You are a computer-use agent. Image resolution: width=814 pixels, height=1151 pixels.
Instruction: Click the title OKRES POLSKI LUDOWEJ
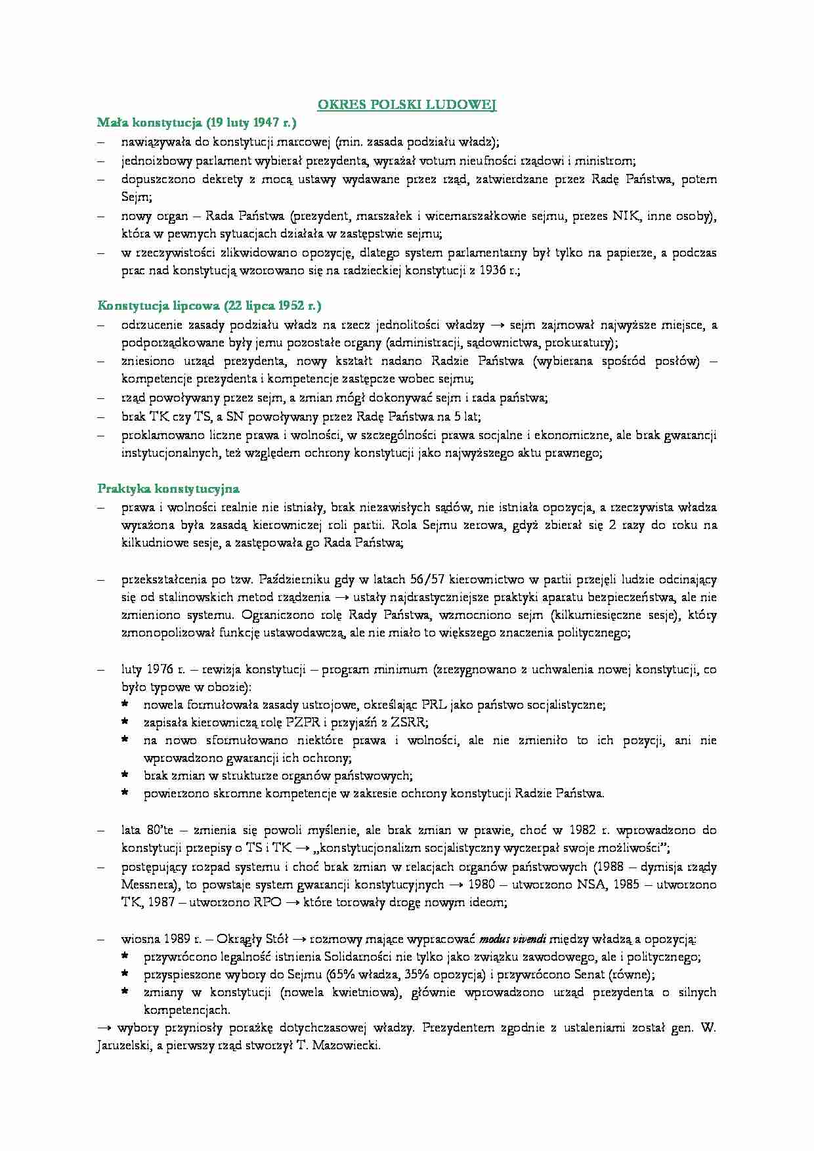407,105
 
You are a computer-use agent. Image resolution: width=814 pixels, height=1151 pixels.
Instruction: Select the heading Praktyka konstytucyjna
168,488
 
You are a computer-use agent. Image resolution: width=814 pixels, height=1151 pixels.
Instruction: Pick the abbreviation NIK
626,216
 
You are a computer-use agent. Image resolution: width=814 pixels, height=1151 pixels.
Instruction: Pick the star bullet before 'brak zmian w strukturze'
125,776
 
